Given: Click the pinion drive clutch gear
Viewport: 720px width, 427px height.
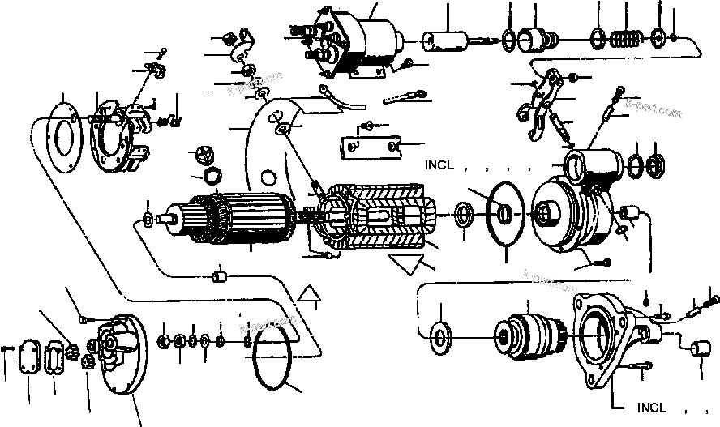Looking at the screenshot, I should click(x=525, y=334).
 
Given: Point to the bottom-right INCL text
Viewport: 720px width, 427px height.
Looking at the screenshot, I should click(x=654, y=408).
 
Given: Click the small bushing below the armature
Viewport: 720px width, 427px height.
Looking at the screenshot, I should click(x=217, y=279).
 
